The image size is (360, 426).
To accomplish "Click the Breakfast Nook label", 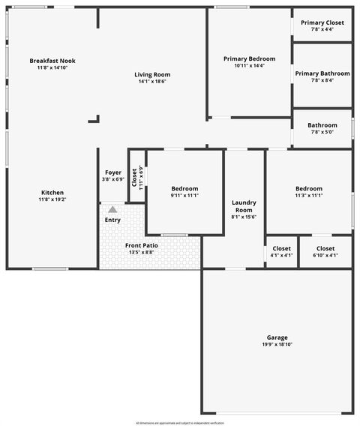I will (52, 61).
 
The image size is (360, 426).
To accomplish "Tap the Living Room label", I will (152, 74).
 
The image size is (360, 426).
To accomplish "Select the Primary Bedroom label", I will (249, 58).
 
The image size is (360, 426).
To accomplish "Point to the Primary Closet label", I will (322, 22).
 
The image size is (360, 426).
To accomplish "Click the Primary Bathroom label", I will (322, 73).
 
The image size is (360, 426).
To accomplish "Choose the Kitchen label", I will (52, 193).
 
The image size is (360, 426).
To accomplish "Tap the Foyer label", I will (113, 172).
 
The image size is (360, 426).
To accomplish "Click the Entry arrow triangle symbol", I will (112, 209).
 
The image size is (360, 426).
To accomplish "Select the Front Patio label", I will (141, 245).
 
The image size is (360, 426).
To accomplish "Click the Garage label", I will (277, 337).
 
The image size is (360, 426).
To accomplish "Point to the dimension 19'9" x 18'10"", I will (277, 345).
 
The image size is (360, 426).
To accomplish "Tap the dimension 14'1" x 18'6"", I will (152, 82).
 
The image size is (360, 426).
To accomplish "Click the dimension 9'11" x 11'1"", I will (184, 196).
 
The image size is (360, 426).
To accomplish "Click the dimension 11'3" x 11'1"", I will (308, 196).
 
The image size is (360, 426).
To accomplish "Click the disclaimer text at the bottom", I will (180, 422).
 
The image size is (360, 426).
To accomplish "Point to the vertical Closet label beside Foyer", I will (135, 177).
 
